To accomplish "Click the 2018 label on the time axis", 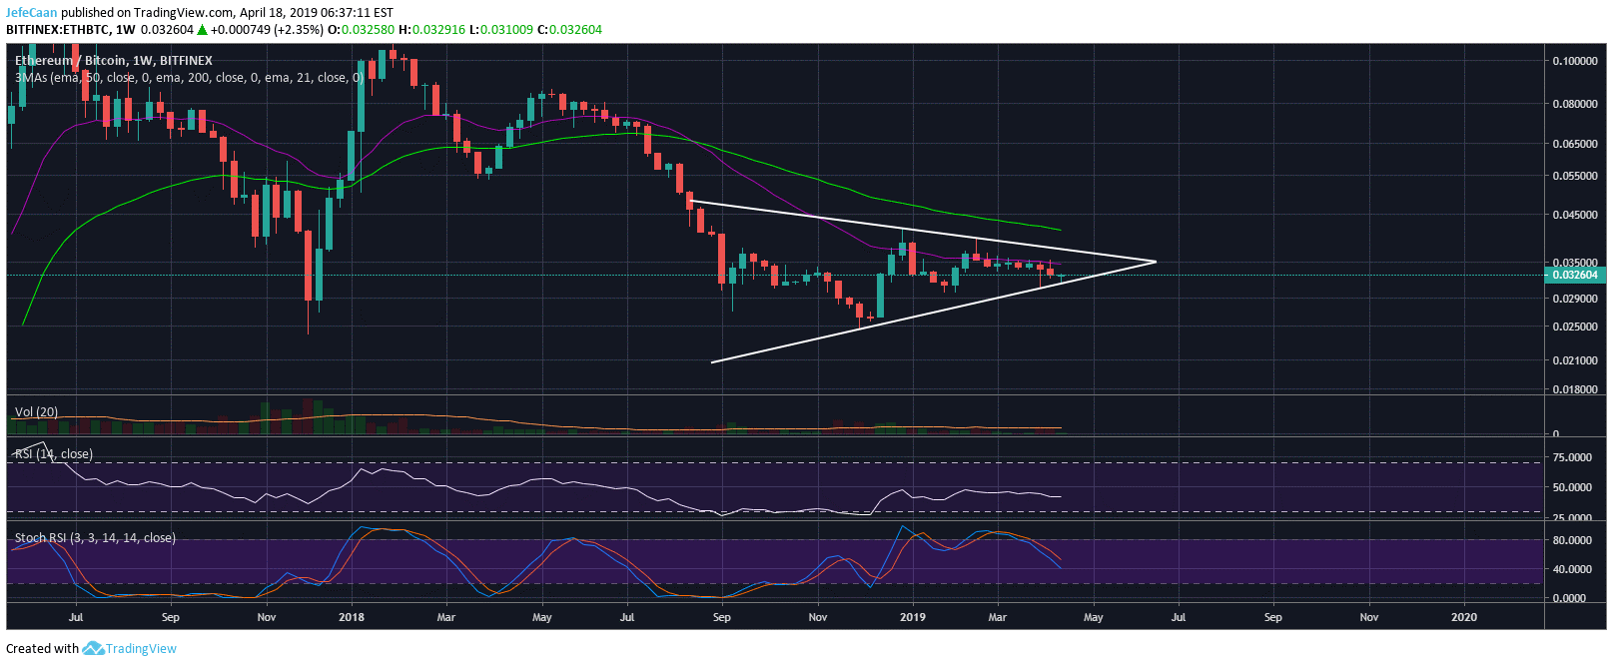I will tap(352, 617).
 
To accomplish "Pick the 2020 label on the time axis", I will tap(1464, 617).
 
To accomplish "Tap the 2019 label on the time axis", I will tap(913, 617).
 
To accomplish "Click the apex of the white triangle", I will tap(1156, 262).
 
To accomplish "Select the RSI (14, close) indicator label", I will tap(54, 454).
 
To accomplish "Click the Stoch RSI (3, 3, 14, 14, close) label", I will tap(95, 538).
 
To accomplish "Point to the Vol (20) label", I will tap(37, 412).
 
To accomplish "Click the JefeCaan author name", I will tap(32, 13).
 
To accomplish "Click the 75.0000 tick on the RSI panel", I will tap(1572, 457).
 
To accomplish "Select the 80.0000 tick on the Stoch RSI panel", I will tap(1572, 540).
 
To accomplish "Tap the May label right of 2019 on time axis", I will tap(1094, 617).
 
